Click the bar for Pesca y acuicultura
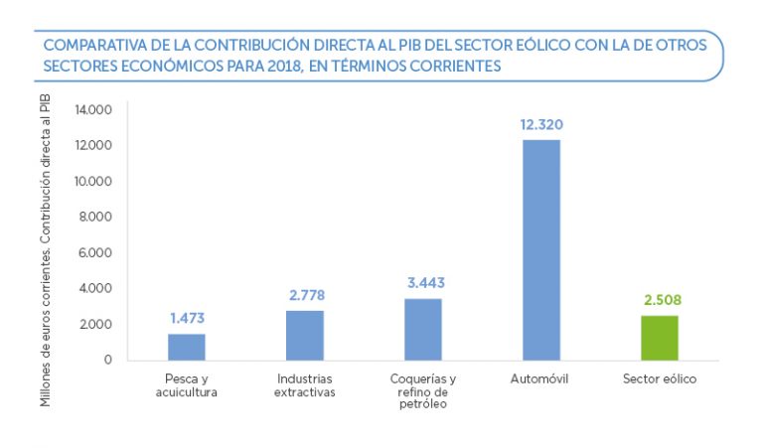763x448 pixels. tap(186, 347)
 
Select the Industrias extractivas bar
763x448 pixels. tap(304, 335)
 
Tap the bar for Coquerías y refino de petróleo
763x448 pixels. tap(422, 329)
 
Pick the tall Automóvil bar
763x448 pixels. tap(541, 249)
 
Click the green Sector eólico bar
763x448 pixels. tap(659, 338)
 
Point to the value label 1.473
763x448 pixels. tap(187, 319)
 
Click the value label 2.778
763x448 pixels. tap(305, 295)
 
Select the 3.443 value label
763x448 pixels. tap(423, 283)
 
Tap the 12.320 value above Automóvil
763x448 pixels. tap(541, 125)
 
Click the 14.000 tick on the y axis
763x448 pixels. tap(92, 109)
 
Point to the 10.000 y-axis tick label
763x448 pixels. tap(92, 181)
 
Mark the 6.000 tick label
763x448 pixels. tap(96, 252)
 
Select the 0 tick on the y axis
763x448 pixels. tap(107, 360)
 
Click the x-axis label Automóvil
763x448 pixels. tap(539, 379)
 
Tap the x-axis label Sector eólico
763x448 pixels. tap(659, 379)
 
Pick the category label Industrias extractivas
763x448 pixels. tap(305, 385)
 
